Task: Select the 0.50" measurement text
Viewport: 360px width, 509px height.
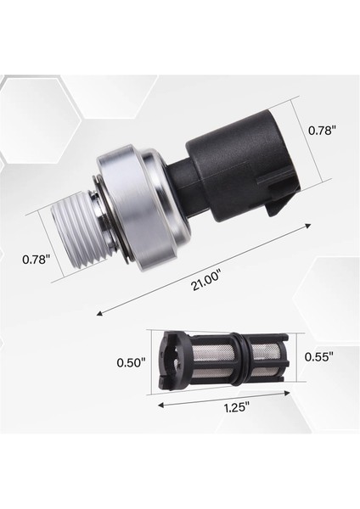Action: point(132,362)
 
